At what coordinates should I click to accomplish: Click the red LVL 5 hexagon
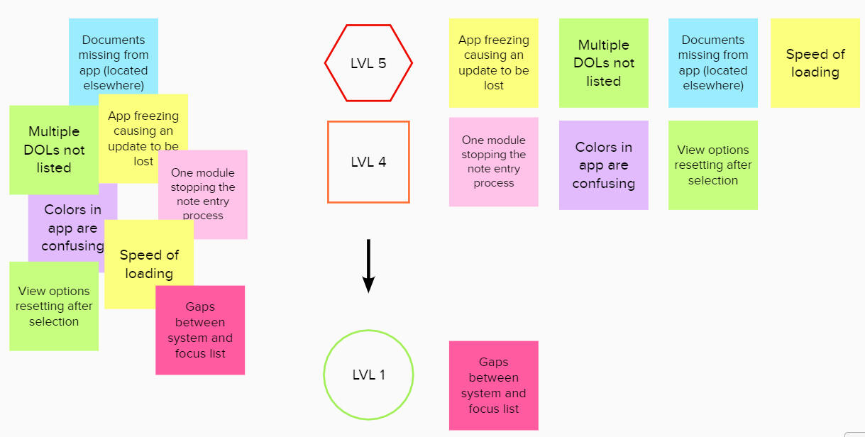point(368,63)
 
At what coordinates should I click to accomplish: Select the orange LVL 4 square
point(368,162)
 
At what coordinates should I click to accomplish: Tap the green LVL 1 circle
point(368,375)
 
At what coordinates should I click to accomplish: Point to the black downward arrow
point(368,265)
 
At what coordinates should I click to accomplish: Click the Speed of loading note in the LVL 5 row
point(815,63)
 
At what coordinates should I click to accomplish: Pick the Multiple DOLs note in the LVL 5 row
point(603,63)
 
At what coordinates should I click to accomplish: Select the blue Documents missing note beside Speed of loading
point(712,63)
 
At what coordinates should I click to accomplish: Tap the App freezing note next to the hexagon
point(493,63)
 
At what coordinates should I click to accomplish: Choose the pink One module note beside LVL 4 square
point(493,162)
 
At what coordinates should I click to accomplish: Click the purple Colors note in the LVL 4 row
point(603,165)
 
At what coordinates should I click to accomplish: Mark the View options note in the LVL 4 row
point(712,165)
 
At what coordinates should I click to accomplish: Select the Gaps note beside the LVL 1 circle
point(493,385)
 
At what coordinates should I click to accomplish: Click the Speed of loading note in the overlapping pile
point(149,263)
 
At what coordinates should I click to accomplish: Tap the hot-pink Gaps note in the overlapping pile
point(200,330)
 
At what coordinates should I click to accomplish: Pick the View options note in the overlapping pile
point(54,306)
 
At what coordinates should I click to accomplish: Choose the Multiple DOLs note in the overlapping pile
point(54,150)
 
